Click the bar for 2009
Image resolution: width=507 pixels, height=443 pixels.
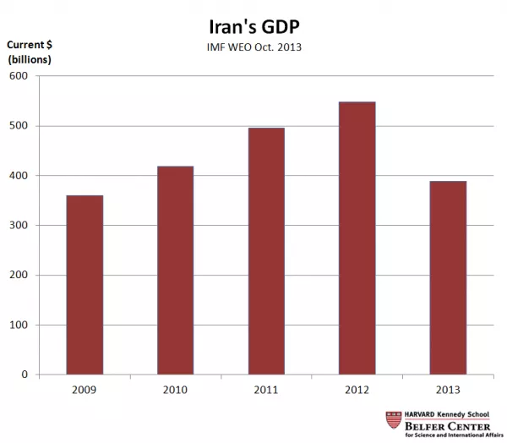[84, 285]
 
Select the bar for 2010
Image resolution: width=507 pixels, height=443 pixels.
[175, 271]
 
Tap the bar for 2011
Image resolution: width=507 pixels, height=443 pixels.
[266, 251]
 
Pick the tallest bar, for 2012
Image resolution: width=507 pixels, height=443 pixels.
[357, 238]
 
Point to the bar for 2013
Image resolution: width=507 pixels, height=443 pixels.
[447, 278]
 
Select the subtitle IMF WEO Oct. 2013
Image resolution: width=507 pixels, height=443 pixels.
[254, 47]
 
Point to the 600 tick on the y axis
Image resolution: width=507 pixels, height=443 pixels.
[19, 77]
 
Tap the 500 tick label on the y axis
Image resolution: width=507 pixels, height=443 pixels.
[19, 126]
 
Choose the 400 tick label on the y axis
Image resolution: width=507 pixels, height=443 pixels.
[19, 176]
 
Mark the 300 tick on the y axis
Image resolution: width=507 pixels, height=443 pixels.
[19, 226]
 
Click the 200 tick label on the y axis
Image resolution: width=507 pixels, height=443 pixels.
[19, 276]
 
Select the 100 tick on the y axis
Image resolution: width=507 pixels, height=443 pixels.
[19, 325]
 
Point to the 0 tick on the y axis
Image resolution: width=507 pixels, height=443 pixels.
[25, 375]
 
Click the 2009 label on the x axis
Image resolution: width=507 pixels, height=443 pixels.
[84, 390]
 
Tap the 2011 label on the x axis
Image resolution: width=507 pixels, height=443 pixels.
[266, 390]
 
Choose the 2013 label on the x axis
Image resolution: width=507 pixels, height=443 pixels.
[447, 390]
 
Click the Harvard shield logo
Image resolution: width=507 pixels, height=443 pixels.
[393, 420]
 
